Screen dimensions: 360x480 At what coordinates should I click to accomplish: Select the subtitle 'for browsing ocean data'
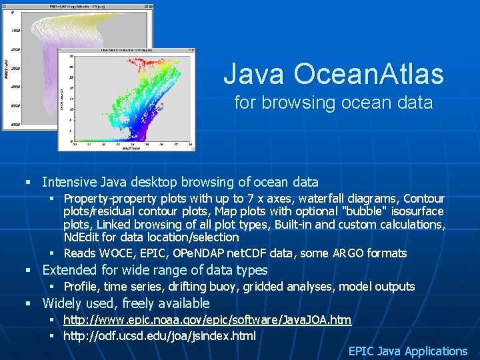pos(333,103)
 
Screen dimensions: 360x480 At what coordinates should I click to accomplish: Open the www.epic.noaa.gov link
pos(207,321)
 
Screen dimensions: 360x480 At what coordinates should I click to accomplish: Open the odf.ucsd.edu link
pos(159,335)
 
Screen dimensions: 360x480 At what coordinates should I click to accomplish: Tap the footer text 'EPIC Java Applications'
pos(408,351)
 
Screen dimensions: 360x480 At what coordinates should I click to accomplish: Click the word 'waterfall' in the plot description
pos(323,199)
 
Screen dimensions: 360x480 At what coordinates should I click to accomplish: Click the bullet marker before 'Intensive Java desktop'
pos(28,182)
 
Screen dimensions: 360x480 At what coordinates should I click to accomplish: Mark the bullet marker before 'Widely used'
pos(28,303)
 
